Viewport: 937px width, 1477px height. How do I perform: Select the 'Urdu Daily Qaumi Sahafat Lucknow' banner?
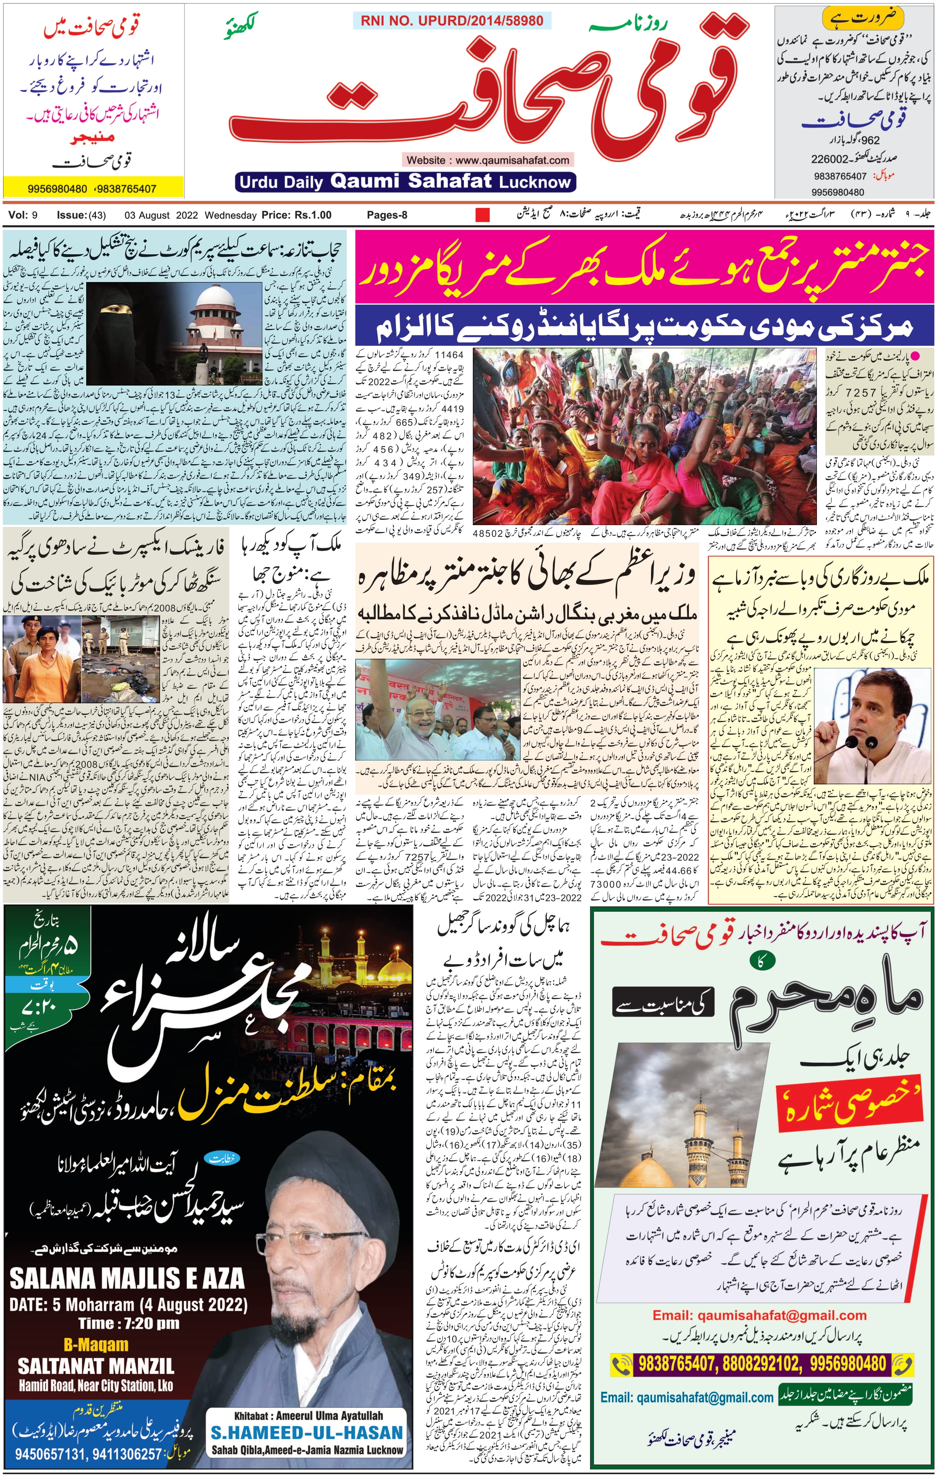click(405, 181)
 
